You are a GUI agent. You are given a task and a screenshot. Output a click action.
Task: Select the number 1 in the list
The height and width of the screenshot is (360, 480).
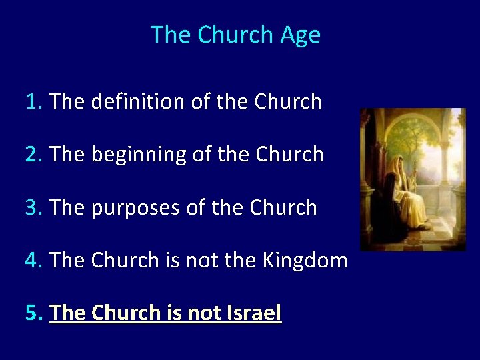coord(31,102)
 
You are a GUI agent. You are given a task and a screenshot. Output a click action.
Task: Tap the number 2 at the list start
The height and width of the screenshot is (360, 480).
coord(31,155)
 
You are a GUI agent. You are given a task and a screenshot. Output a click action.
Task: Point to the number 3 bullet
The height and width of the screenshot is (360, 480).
coord(31,207)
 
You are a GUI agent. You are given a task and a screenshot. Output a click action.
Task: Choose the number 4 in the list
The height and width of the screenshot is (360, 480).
coord(31,260)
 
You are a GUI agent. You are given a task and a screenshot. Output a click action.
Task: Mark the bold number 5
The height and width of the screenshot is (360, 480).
coord(31,313)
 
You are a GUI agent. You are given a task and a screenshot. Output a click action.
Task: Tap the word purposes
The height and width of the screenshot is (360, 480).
coord(137,207)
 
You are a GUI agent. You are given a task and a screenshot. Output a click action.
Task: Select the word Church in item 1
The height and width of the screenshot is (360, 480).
coord(288,102)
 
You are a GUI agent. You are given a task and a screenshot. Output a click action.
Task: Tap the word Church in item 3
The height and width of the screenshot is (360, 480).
coord(283,207)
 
